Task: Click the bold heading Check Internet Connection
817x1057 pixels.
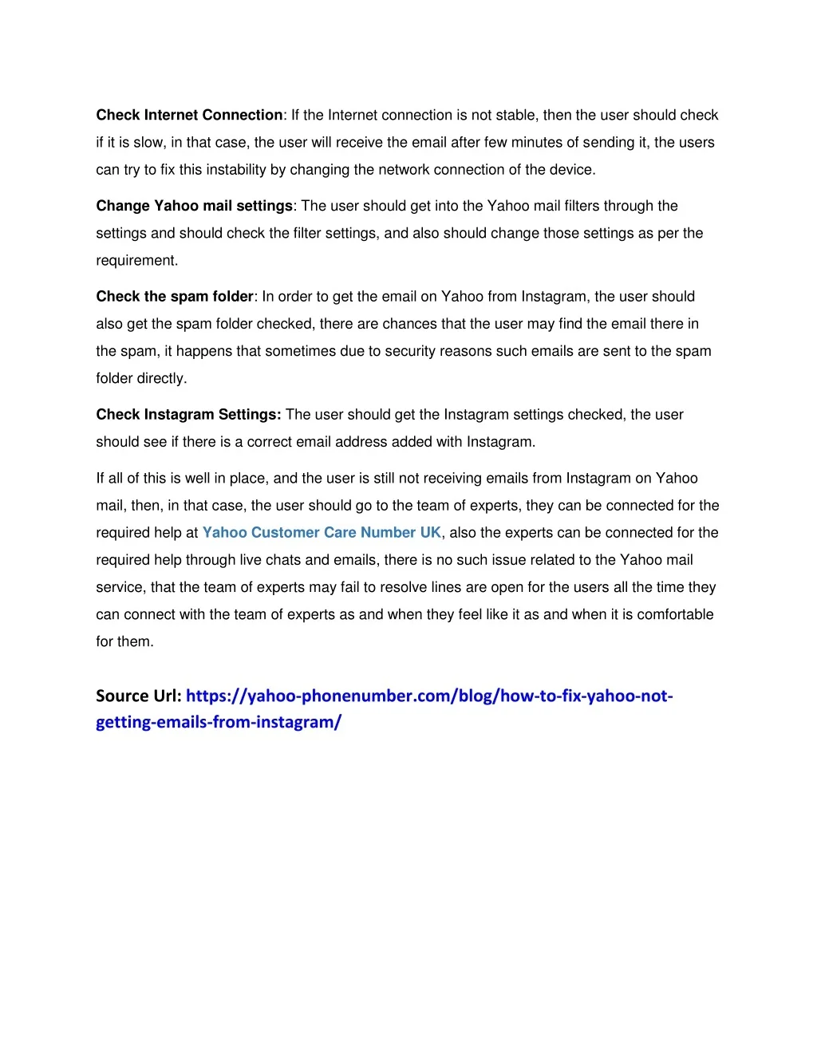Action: tap(189, 115)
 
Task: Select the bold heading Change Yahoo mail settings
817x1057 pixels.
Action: tap(194, 206)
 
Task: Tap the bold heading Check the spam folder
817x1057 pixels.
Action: tap(175, 297)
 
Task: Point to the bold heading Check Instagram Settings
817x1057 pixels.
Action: tap(188, 415)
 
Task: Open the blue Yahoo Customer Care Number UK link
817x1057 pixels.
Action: tap(322, 533)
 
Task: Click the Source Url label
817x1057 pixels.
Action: tap(138, 696)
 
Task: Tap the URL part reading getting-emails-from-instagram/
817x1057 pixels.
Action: tap(219, 722)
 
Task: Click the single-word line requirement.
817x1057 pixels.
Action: tap(136, 261)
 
